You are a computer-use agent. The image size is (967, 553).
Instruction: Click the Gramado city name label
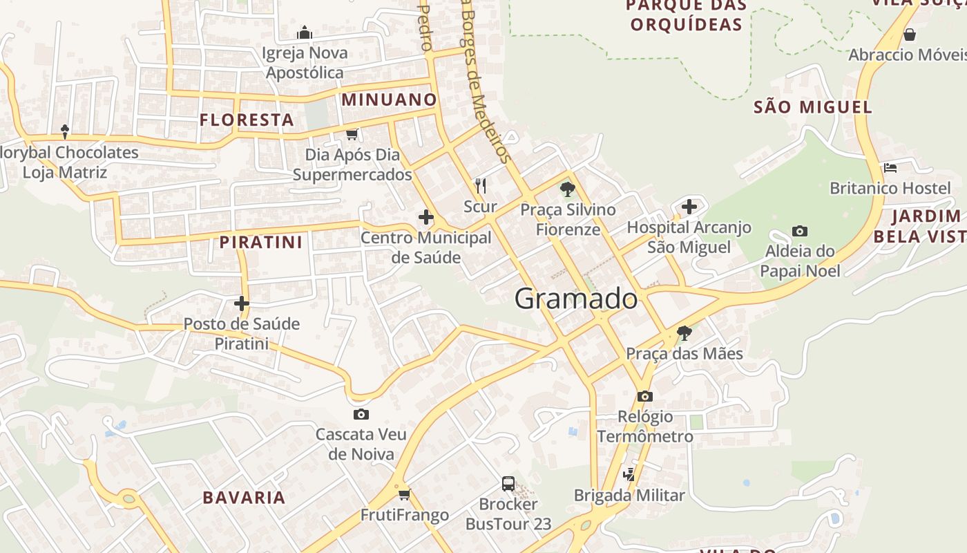[576, 299]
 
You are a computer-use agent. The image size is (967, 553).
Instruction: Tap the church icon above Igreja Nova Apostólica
[305, 32]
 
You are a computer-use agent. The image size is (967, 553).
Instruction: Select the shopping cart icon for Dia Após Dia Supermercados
[352, 134]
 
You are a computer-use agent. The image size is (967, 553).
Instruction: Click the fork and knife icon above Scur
[481, 185]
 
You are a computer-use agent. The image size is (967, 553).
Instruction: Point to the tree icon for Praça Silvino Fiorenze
[568, 189]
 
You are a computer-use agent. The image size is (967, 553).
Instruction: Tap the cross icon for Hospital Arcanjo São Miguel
[689, 206]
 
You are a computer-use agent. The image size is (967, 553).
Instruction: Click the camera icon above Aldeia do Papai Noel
[800, 231]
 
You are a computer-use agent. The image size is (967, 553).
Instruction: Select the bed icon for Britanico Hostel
[890, 167]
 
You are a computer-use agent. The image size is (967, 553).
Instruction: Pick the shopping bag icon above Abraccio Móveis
[910, 34]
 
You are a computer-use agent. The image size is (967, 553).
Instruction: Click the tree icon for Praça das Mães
[684, 333]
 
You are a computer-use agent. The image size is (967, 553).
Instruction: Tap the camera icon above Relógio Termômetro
[644, 396]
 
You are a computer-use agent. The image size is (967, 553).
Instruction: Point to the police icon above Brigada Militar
[629, 474]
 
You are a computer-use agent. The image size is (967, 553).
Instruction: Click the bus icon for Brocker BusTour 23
[508, 483]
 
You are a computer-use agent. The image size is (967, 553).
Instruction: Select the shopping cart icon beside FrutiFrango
[404, 494]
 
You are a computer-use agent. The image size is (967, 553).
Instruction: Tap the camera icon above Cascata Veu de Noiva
[361, 414]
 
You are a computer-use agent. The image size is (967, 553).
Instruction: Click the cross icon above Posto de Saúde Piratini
[241, 303]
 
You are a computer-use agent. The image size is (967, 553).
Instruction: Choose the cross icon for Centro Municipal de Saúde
[426, 217]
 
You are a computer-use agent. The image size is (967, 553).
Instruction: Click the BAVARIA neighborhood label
[244, 498]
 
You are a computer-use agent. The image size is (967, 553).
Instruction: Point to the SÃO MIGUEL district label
[813, 107]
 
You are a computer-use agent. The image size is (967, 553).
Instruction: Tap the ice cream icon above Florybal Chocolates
[65, 131]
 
